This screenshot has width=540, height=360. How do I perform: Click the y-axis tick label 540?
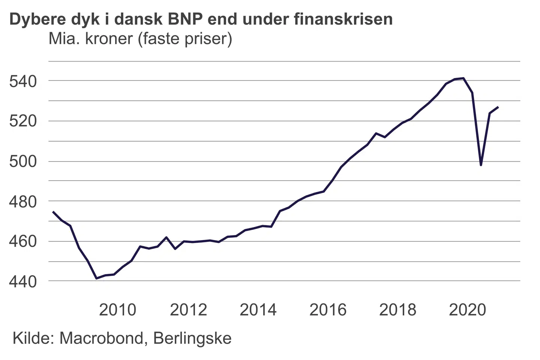pyautogui.click(x=23, y=81)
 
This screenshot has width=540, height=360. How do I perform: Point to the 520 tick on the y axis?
pyautogui.click(x=23, y=121)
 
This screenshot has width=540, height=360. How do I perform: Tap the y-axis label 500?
pyautogui.click(x=23, y=162)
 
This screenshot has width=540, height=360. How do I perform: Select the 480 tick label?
pyautogui.click(x=23, y=202)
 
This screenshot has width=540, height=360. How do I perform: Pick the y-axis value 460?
pyautogui.click(x=23, y=241)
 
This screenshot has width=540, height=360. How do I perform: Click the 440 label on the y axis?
pyautogui.click(x=23, y=281)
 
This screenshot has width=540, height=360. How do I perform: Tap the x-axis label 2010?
pyautogui.click(x=117, y=310)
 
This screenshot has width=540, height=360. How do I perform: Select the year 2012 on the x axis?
pyautogui.click(x=188, y=310)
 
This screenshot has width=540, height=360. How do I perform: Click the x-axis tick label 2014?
pyautogui.click(x=258, y=310)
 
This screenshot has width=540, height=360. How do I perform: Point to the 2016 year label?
pyautogui.click(x=328, y=310)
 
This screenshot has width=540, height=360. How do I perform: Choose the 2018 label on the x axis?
pyautogui.click(x=397, y=310)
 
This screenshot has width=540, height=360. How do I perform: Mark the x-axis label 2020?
pyautogui.click(x=467, y=310)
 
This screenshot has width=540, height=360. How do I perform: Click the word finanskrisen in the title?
pyautogui.click(x=343, y=19)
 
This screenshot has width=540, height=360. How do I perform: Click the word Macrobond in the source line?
pyautogui.click(x=101, y=338)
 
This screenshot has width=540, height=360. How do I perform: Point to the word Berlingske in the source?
pyautogui.click(x=192, y=338)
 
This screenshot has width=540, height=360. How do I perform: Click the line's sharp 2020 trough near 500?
pyautogui.click(x=481, y=165)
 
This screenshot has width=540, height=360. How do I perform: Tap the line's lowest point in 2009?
pyautogui.click(x=96, y=278)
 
